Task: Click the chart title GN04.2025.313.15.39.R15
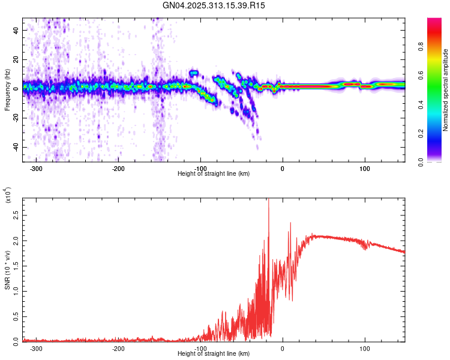pyautogui.click(x=214, y=5)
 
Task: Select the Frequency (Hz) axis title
pyautogui.click(x=7, y=90)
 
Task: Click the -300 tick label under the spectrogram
pyautogui.click(x=36, y=169)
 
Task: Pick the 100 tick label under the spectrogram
pyautogui.click(x=364, y=169)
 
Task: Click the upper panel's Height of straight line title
pyautogui.click(x=214, y=174)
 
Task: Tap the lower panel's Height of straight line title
pyautogui.click(x=214, y=354)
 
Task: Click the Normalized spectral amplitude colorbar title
pyautogui.click(x=446, y=90)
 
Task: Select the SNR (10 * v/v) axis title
pyautogui.click(x=8, y=270)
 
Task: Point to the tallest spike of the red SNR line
pyautogui.click(x=268, y=199)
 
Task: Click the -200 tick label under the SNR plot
pyautogui.click(x=118, y=349)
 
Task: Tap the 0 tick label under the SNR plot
pyautogui.click(x=283, y=349)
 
